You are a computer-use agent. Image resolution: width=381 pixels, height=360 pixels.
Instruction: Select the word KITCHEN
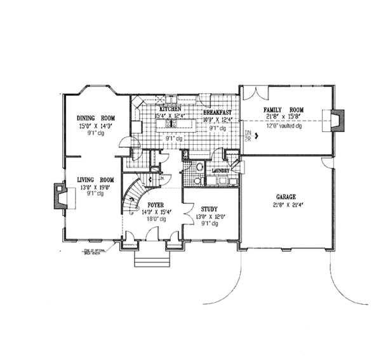coord(170,109)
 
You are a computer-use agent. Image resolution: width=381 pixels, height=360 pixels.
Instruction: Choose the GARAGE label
coord(288,197)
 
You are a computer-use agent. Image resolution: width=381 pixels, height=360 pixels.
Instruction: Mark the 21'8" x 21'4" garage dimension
coord(288,204)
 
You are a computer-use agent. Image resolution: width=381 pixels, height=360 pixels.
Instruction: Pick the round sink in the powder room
coord(198,168)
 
